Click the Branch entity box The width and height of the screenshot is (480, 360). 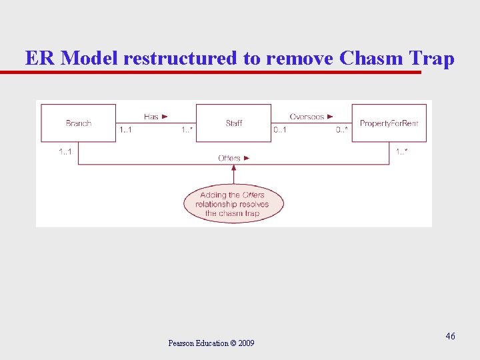pyautogui.click(x=78, y=123)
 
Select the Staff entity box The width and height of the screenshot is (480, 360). pyautogui.click(x=233, y=123)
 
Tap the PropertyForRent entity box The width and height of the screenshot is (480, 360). pyautogui.click(x=389, y=123)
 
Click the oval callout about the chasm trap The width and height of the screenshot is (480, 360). pyautogui.click(x=233, y=203)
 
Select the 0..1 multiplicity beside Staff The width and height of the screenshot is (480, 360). pyautogui.click(x=280, y=130)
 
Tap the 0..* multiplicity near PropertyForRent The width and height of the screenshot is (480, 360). pyautogui.click(x=342, y=130)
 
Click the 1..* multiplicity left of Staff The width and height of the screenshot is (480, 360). pyautogui.click(x=187, y=130)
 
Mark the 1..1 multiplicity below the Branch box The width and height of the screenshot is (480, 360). pyautogui.click(x=65, y=152)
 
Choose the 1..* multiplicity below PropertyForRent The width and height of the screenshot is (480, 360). pyautogui.click(x=402, y=152)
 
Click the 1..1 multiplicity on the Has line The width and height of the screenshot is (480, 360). pyautogui.click(x=125, y=130)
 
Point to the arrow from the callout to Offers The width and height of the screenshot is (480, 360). pyautogui.click(x=233, y=175)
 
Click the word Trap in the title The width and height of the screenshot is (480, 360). pyautogui.click(x=432, y=58)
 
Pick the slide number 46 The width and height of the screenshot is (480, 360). pyautogui.click(x=451, y=337)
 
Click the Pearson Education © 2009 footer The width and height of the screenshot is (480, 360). pyautogui.click(x=211, y=343)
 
